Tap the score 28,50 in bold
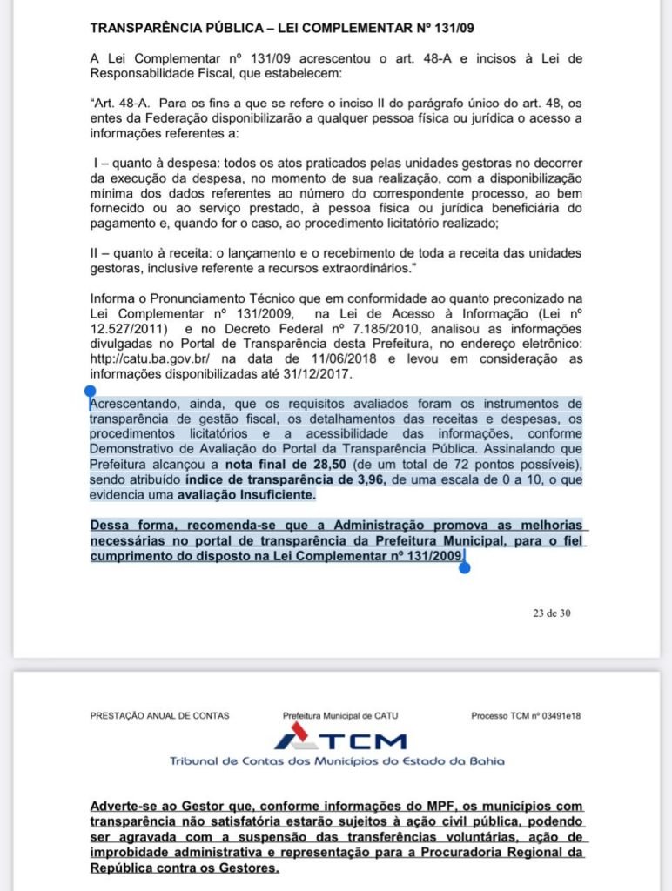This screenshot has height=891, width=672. pos(281,466)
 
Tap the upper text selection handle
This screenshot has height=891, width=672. pos(89,393)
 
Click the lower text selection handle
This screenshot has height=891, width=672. pos(464,567)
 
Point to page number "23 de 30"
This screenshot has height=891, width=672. pos(552,613)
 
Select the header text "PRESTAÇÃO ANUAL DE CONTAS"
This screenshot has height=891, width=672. pos(159,715)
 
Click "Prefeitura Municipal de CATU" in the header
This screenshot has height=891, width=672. pos(339,715)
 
